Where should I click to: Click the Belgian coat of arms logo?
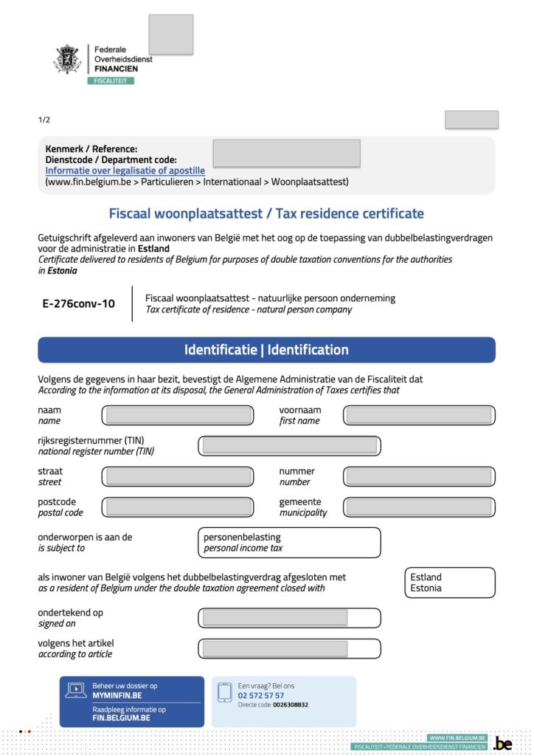pyautogui.click(x=67, y=59)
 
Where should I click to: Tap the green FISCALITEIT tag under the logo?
pyautogui.click(x=111, y=80)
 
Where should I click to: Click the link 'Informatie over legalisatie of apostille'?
pyautogui.click(x=125, y=171)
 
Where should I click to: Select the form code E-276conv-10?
pyautogui.click(x=79, y=303)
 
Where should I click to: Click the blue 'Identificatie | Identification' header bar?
pyautogui.click(x=266, y=350)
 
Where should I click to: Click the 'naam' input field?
pyautogui.click(x=177, y=415)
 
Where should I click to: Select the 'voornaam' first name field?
pyautogui.click(x=418, y=415)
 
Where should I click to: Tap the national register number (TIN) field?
pyautogui.click(x=289, y=446)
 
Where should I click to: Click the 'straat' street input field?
pyautogui.click(x=177, y=476)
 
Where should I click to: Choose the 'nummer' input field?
pyautogui.click(x=418, y=476)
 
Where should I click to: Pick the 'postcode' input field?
pyautogui.click(x=177, y=507)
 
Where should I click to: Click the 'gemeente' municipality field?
pyautogui.click(x=418, y=507)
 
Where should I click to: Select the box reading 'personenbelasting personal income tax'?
pyautogui.click(x=289, y=543)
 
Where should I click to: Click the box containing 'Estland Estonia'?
pyautogui.click(x=450, y=583)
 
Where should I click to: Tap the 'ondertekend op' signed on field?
pyautogui.click(x=289, y=618)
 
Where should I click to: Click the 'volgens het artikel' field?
pyautogui.click(x=289, y=649)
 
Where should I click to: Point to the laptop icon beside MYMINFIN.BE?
pyautogui.click(x=77, y=690)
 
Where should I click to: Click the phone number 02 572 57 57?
pyautogui.click(x=261, y=695)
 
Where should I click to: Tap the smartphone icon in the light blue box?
pyautogui.click(x=225, y=693)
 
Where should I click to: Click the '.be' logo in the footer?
pyautogui.click(x=503, y=743)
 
